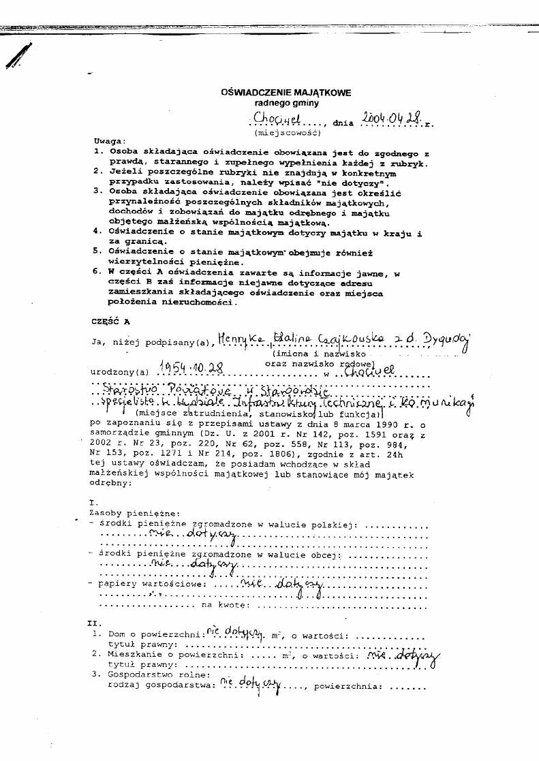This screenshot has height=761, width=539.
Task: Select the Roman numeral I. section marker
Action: [x=93, y=502]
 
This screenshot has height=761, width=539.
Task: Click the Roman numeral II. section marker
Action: [x=95, y=623]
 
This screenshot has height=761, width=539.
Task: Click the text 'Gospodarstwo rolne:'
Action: [x=144, y=674]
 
